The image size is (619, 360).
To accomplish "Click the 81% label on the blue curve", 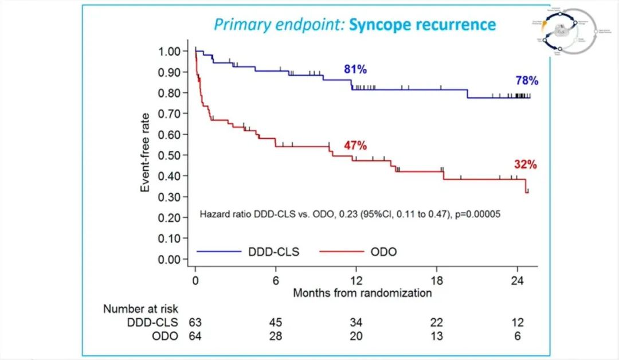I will click(355, 70).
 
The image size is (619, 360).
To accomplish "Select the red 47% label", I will click(355, 146).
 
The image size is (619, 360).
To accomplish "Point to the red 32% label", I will click(525, 165).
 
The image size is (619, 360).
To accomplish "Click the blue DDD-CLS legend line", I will click(219, 251).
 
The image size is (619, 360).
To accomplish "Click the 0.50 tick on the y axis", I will click(170, 155).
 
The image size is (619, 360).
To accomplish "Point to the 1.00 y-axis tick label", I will click(170, 51).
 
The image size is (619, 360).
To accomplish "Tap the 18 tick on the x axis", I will click(437, 281).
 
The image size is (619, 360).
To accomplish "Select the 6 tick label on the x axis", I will click(276, 281).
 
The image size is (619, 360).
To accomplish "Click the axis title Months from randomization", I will click(362, 293).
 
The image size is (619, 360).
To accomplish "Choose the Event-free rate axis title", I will click(146, 155).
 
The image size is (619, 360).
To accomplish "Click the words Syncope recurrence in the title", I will click(422, 25).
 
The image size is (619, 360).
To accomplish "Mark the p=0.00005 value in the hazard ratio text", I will click(476, 214).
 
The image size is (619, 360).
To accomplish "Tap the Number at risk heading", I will click(141, 309).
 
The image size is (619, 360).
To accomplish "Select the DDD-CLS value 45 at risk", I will click(276, 323).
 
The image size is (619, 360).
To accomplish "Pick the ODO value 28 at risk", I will click(276, 336).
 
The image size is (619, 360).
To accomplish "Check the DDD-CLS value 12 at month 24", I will click(518, 323).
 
